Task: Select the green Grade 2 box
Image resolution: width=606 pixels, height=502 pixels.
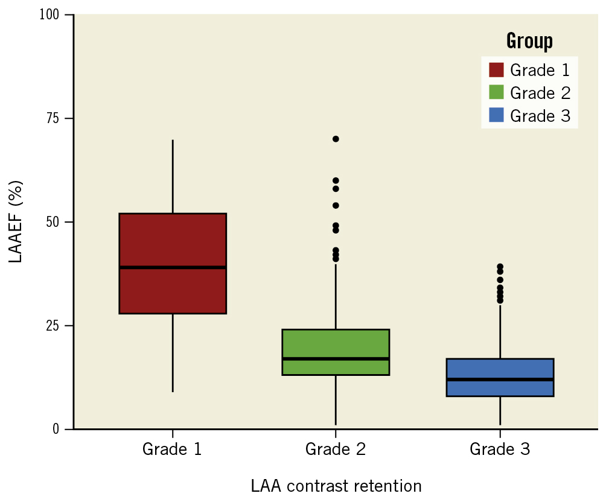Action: pos(336,344)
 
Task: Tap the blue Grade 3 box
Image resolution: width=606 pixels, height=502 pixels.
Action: pos(500,369)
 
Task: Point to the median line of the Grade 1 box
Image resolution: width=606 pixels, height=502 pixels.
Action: pos(173,267)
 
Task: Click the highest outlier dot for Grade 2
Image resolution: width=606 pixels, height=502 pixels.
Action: pos(336,139)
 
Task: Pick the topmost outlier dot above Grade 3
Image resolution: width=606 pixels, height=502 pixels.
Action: pos(500,267)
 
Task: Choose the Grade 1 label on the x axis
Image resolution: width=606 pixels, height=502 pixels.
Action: pos(172,450)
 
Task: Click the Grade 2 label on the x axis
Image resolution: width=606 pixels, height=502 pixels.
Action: pos(335,450)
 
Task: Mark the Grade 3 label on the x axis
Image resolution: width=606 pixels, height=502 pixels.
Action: pos(500,450)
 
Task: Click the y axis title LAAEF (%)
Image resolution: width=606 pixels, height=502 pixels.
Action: pos(17,221)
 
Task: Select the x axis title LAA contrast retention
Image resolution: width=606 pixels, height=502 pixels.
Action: pos(336,486)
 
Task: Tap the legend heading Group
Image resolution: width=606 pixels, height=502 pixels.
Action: pos(529,41)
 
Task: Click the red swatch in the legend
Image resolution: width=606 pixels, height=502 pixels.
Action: pos(496,70)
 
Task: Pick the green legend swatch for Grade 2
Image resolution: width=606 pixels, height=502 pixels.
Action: pos(496,92)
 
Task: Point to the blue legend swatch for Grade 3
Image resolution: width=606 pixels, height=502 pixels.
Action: pos(496,115)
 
